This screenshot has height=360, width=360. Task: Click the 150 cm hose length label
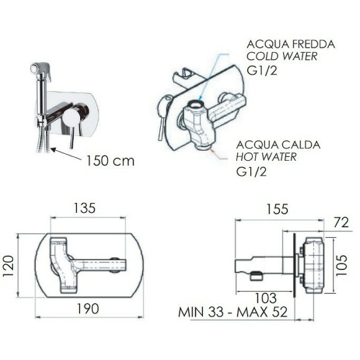[x=110, y=161]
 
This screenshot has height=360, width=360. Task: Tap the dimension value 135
[x=84, y=208]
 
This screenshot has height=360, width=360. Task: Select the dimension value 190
[x=88, y=308]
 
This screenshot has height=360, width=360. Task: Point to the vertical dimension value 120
[x=9, y=266]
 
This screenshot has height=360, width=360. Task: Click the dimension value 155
[x=277, y=209]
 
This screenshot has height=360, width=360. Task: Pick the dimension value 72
[x=341, y=222]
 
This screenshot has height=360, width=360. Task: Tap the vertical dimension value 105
[x=341, y=265]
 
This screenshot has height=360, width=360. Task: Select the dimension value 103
[x=266, y=298]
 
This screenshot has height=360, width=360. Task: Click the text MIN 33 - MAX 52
[x=233, y=312]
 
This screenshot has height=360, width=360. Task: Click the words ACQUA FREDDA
[x=290, y=44]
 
